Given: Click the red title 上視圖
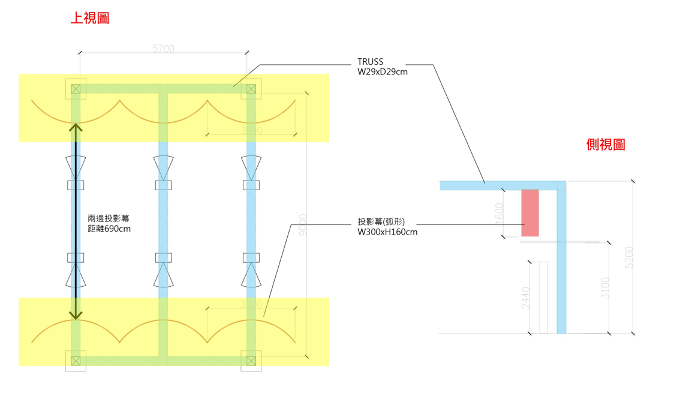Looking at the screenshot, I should tap(90, 19).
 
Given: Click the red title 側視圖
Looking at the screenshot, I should tap(606, 145).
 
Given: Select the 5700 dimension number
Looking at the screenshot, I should tap(163, 49).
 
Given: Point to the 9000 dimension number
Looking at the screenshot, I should tap(303, 224).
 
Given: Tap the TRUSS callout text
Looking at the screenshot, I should tap(370, 62).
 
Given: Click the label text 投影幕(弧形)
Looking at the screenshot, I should tap(381, 222).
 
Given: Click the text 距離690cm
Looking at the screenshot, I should tap(109, 229).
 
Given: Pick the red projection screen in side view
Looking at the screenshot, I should tap(530, 213).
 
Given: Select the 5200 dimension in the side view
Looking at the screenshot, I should tap(628, 257).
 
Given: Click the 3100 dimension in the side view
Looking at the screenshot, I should tap(605, 287).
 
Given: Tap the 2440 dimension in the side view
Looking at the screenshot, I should tap(526, 298).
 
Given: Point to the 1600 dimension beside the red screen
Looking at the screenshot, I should tap(500, 214).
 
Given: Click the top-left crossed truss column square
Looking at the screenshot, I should tap(76, 89).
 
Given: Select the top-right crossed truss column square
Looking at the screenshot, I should tap(251, 89).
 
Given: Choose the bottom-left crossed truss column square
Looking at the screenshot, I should tap(76, 361).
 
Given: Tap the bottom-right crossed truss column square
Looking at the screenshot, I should tap(251, 361).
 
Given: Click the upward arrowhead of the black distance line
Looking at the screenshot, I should tap(76, 127).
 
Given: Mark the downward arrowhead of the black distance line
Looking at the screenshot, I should tap(76, 316).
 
